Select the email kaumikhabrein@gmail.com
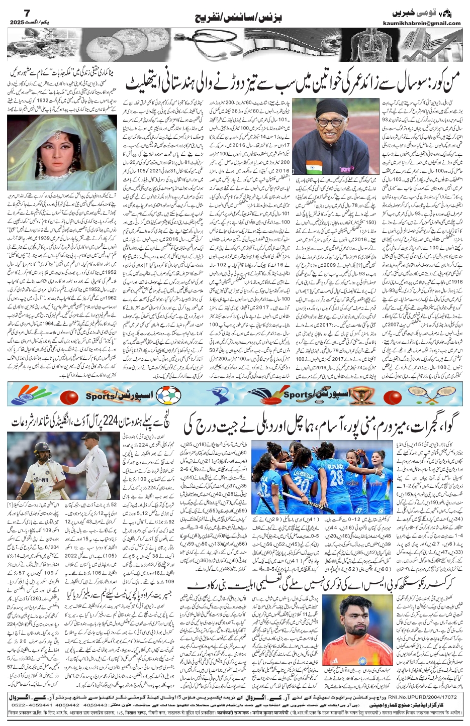pos(428,23)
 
